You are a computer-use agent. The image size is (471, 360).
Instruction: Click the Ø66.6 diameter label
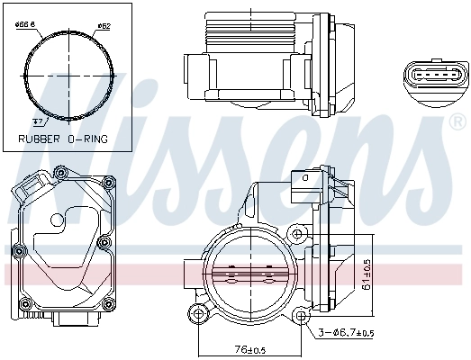click(25, 24)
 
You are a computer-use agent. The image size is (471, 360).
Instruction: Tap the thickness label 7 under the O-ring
click(37, 119)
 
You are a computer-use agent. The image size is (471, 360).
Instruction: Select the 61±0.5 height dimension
click(367, 276)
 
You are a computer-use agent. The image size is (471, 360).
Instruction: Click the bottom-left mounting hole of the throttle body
click(196, 314)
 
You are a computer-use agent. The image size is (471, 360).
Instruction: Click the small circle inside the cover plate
click(57, 219)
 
